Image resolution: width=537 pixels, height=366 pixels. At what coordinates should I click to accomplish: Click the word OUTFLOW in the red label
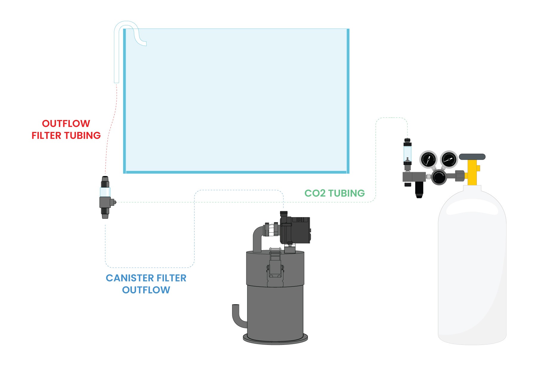coord(66,123)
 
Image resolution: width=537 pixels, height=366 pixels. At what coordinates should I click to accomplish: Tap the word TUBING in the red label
coord(83,136)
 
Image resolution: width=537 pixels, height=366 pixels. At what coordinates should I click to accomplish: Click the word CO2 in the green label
coord(315,193)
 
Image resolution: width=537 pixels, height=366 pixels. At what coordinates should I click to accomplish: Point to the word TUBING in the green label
coord(346,193)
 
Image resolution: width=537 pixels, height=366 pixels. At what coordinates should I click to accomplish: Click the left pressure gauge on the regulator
coord(428,159)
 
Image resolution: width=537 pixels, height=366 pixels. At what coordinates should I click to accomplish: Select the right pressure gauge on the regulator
coord(449,159)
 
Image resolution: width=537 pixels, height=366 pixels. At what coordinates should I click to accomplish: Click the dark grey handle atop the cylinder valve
coord(472,157)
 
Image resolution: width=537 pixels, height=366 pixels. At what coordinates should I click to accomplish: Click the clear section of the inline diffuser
coord(105,192)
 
